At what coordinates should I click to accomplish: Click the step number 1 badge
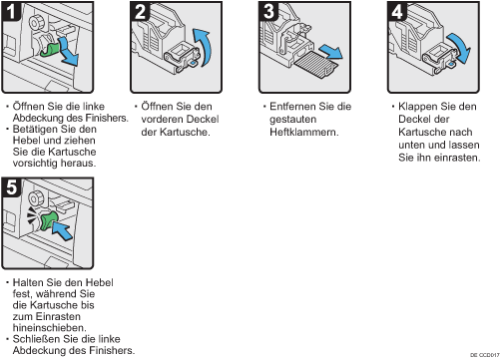(x=11, y=11)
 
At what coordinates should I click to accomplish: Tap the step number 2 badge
(x=140, y=11)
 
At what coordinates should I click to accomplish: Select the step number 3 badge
(x=268, y=11)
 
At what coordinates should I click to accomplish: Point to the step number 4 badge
(x=397, y=11)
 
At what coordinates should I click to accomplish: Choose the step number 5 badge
(x=11, y=187)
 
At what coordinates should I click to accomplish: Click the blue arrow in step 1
(x=70, y=53)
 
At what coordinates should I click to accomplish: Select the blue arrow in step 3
(x=331, y=52)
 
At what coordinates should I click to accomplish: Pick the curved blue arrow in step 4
(x=460, y=47)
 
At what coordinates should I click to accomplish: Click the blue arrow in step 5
(x=63, y=230)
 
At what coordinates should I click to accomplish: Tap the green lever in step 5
(x=48, y=221)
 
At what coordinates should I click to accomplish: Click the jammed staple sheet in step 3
(x=316, y=65)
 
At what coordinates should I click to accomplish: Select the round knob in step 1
(x=36, y=23)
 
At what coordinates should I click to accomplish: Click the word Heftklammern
(x=304, y=132)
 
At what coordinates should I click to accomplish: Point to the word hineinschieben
(x=49, y=328)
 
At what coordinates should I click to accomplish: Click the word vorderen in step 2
(x=161, y=120)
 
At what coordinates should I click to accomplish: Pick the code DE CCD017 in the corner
(x=485, y=355)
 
